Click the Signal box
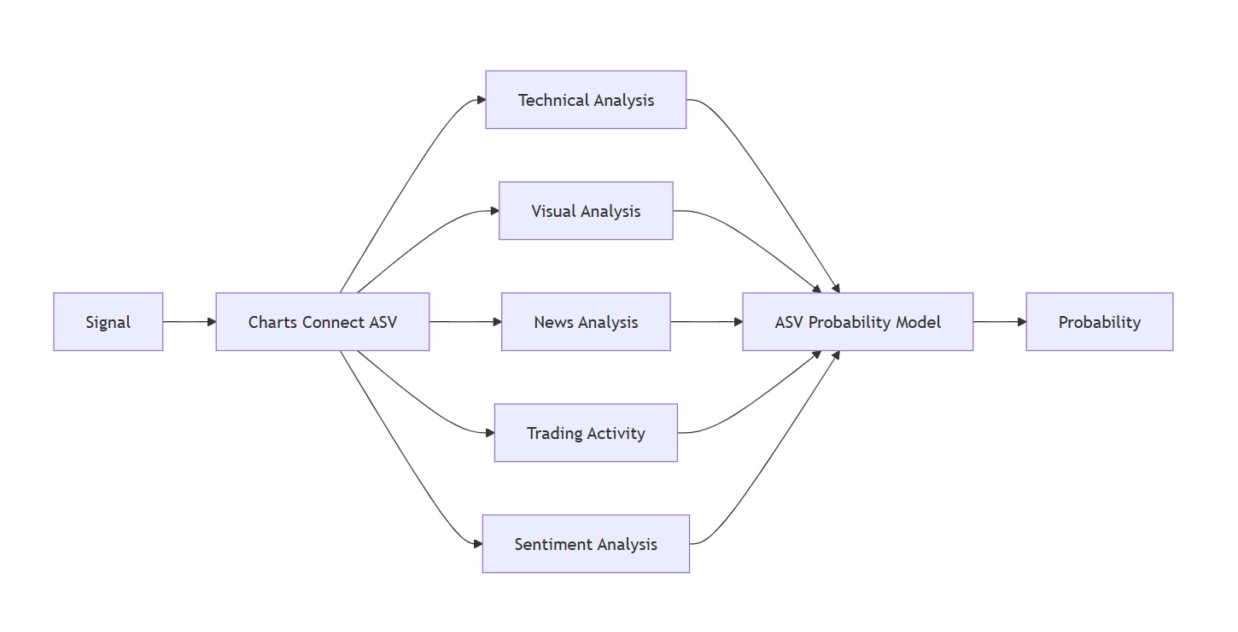(108, 322)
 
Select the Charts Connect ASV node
(322, 322)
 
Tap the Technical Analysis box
(586, 100)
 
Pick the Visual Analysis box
(586, 211)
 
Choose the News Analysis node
(586, 322)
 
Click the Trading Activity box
(586, 433)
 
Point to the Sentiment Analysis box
(586, 544)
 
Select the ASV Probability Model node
(857, 322)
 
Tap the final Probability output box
(1099, 322)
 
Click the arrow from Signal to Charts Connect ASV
(189, 322)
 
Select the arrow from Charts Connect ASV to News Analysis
(465, 322)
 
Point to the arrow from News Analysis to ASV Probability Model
(706, 322)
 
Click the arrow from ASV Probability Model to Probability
(999, 322)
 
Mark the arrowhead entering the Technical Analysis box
(481, 100)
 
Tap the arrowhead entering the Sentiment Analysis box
(477, 544)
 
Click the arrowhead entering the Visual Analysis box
(494, 211)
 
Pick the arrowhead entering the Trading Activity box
(489, 433)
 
